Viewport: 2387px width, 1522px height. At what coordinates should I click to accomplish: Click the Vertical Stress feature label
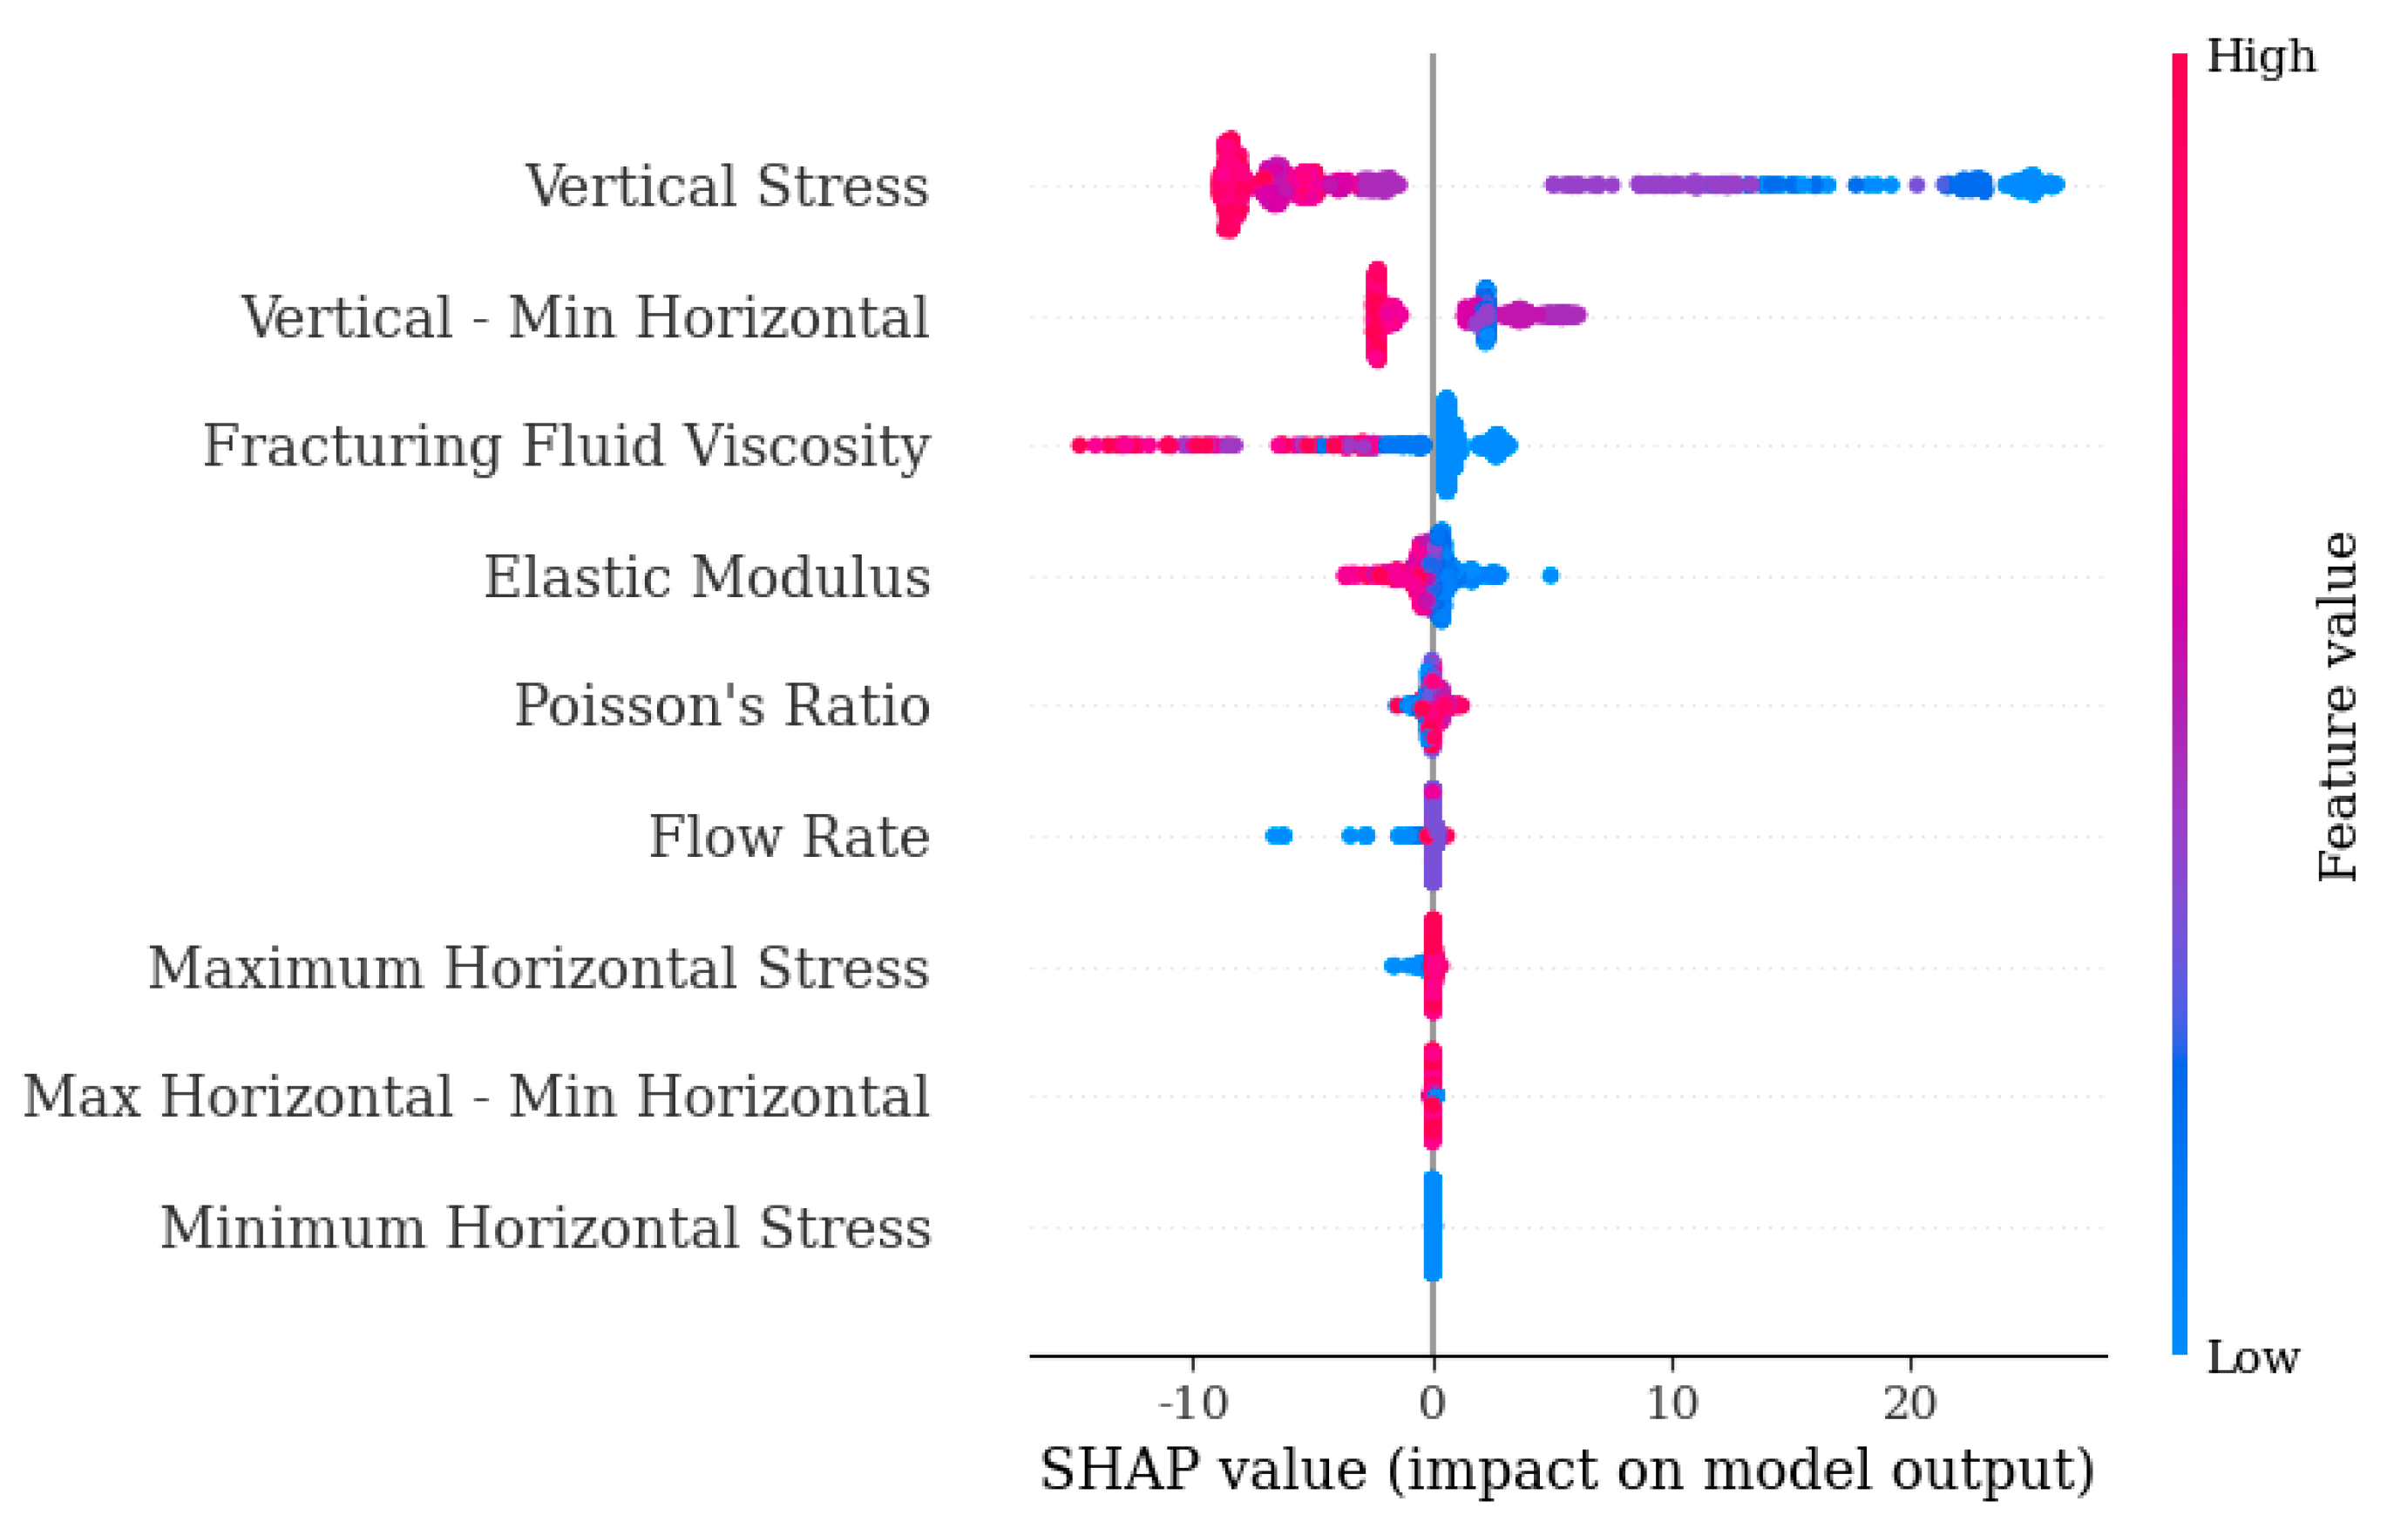[x=727, y=187]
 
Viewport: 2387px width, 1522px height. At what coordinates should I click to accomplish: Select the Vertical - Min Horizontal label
[x=585, y=317]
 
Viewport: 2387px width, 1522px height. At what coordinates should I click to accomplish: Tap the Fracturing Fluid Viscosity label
[x=566, y=445]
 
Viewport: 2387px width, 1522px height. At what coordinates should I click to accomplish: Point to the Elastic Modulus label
[x=707, y=577]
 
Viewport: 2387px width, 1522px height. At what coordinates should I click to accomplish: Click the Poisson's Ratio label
[x=722, y=706]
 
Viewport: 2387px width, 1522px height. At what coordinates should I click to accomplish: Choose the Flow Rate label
[x=789, y=837]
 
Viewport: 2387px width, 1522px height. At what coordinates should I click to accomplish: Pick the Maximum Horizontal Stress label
[x=539, y=968]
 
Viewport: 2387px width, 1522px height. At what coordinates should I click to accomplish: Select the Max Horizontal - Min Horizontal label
[x=476, y=1097]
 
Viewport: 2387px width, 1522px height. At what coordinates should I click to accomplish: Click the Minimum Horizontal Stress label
[x=546, y=1227]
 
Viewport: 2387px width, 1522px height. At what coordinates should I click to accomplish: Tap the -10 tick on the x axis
[x=1192, y=1403]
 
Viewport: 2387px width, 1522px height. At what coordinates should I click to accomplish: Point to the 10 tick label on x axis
[x=1672, y=1403]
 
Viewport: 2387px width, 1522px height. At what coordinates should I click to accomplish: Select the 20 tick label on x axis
[x=1910, y=1403]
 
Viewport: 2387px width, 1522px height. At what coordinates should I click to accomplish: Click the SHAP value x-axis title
[x=1567, y=1471]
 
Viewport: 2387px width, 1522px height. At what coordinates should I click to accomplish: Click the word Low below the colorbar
[x=2252, y=1357]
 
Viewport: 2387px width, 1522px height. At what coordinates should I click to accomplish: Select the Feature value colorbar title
[x=2337, y=706]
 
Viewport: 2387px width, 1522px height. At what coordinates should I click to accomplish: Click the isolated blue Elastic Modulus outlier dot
[x=1550, y=575]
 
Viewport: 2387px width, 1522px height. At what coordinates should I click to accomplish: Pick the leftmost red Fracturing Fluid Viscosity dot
[x=1080, y=445]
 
